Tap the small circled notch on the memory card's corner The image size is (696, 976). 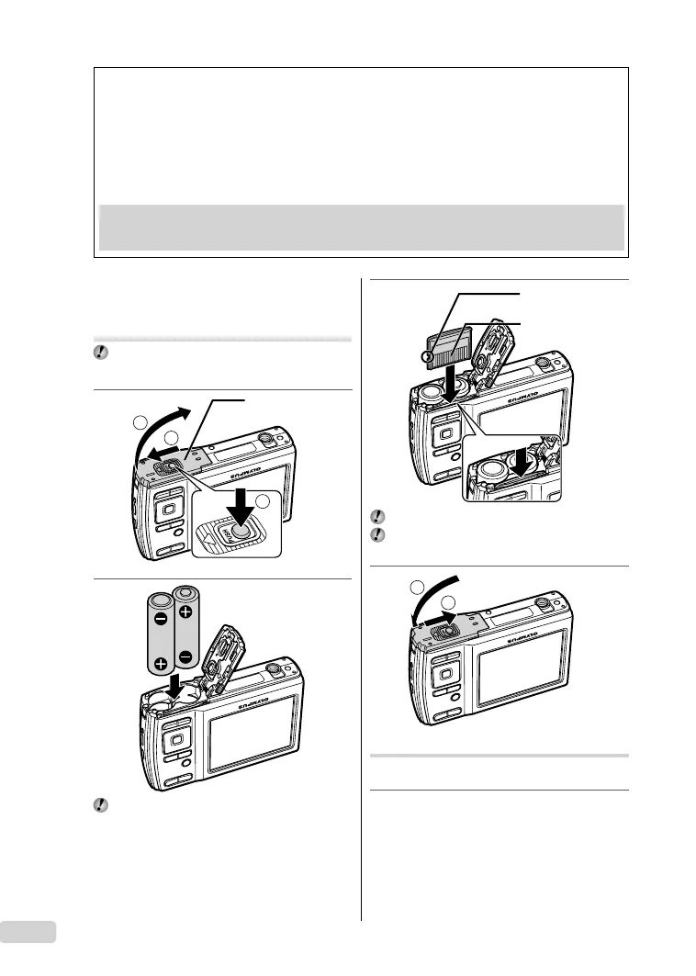(426, 356)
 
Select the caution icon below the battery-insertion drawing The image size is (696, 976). (101, 804)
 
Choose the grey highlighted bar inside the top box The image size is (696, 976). (361, 227)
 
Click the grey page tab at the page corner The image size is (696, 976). (28, 931)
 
